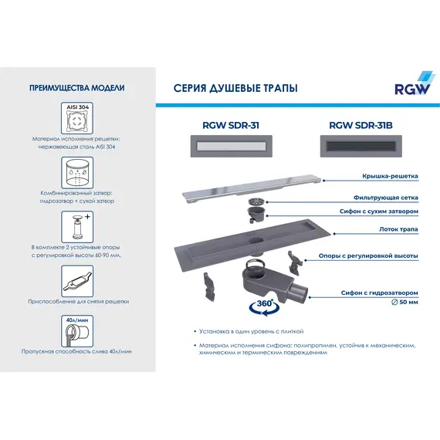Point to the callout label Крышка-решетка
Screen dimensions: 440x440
point(390,176)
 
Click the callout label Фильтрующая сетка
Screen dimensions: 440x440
point(385,198)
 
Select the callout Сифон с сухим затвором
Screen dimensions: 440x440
point(379,211)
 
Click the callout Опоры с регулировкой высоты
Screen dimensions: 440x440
point(369,256)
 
